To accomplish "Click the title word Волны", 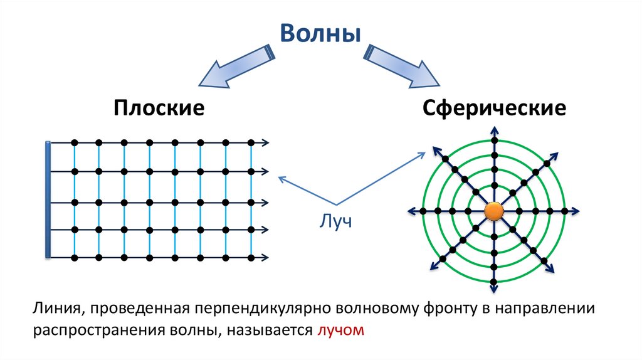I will coord(320,33).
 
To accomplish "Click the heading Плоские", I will coord(159,108).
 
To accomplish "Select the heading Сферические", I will coord(494,108).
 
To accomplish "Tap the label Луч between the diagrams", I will coord(337,222).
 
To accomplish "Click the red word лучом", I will coord(340,329).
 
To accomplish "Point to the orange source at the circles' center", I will coord(494,211).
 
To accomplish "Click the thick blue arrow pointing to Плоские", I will coord(234,66).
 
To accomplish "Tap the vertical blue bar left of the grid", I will coord(48,199).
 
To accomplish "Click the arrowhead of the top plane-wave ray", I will coord(267,142).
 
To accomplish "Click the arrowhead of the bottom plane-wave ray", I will coord(267,257).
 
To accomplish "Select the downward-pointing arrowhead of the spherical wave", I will coord(494,290).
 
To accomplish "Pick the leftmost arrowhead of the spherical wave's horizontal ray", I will coord(412,211).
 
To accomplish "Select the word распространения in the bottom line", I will coord(93,329).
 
